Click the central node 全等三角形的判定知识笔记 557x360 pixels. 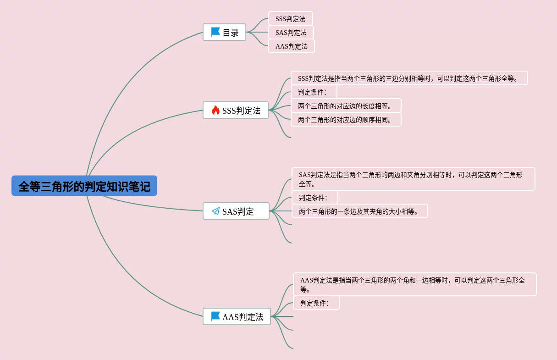(84, 186)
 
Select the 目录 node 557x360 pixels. (224, 32)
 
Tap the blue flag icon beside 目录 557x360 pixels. (215, 32)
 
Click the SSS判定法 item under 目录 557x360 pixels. (291, 18)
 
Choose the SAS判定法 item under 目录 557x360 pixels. (291, 33)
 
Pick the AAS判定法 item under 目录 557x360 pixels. (292, 46)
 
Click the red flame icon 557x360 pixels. (215, 110)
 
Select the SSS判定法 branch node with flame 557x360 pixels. (236, 110)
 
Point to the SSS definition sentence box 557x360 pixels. (409, 78)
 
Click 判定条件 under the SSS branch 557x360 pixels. (314, 92)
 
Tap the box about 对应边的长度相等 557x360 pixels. (346, 106)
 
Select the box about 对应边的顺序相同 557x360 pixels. (346, 120)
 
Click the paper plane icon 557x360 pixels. (215, 211)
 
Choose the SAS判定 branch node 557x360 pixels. (236, 211)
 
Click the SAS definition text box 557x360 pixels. (413, 179)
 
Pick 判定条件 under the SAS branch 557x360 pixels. (315, 198)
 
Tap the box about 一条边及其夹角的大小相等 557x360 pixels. (359, 211)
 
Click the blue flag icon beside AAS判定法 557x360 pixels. (215, 316)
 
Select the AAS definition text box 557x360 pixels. (415, 284)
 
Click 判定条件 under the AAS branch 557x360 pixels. (316, 303)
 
